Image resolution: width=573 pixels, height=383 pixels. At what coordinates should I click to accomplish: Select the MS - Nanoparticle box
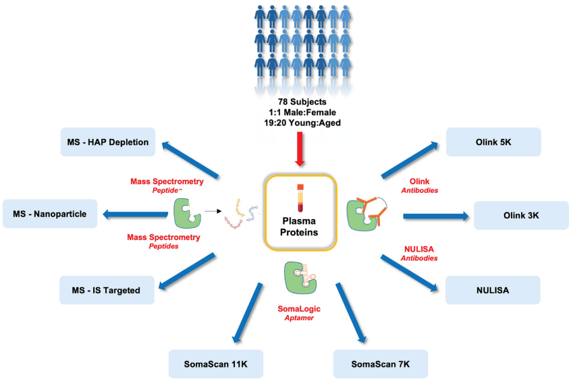pyautogui.click(x=51, y=214)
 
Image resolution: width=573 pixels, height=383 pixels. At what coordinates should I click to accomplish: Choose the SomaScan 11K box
pyautogui.click(x=215, y=364)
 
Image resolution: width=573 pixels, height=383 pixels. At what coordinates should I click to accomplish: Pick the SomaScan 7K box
pyautogui.click(x=381, y=364)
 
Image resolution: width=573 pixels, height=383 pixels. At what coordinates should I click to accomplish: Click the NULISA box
pyautogui.click(x=493, y=289)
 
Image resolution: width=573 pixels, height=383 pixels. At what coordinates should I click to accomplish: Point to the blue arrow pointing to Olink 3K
pyautogui.click(x=435, y=216)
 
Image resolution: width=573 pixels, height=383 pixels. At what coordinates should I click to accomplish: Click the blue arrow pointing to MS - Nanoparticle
pyautogui.click(x=135, y=214)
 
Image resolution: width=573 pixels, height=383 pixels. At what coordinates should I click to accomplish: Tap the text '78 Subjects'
pyautogui.click(x=297, y=102)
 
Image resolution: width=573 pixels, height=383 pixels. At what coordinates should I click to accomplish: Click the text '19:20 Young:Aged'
pyautogui.click(x=297, y=123)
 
